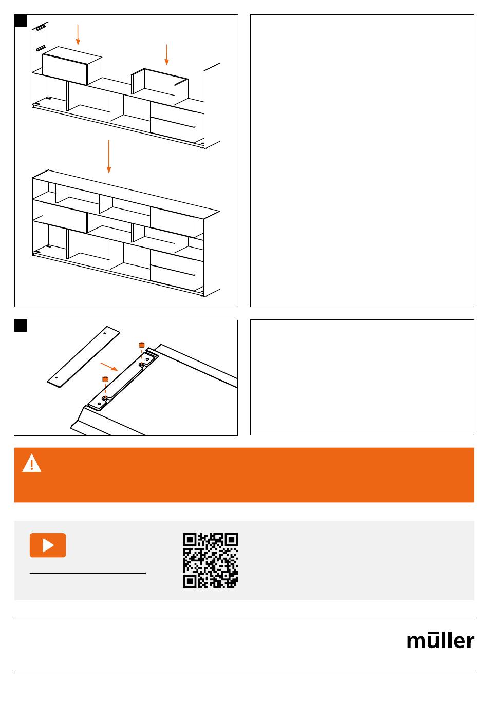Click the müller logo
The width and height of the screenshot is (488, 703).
440,641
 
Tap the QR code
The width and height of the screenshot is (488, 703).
211,560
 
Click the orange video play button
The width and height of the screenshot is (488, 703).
48,545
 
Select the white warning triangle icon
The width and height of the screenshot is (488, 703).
32,463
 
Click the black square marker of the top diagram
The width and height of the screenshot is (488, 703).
21,21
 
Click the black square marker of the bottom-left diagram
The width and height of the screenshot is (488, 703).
21,326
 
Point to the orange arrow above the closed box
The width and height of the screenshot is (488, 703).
78,34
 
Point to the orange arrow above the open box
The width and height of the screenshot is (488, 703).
166,54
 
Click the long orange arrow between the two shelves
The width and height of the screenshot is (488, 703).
109,156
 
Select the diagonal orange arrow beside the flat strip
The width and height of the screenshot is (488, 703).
109,367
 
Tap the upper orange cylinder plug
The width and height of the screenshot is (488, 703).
142,345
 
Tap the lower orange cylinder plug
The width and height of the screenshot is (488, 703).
105,379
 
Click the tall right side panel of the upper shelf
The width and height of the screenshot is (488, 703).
212,106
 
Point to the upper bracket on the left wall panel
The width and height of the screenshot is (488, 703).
41,28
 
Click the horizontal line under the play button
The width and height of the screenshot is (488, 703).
88,574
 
